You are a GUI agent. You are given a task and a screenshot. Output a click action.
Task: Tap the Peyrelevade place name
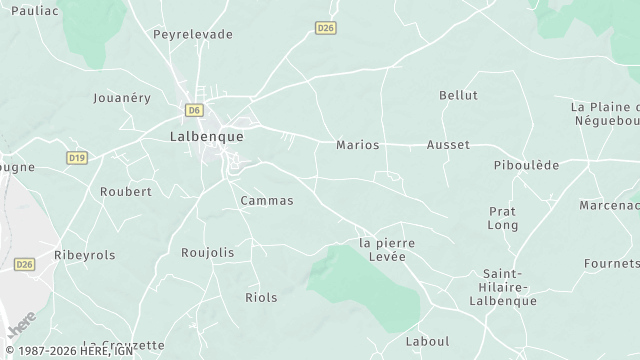pos(193,34)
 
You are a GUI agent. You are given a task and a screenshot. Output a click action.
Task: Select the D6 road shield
pos(193,109)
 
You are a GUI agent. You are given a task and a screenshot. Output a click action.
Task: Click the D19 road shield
pos(77,158)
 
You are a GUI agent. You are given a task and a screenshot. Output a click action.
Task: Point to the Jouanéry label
pos(121,98)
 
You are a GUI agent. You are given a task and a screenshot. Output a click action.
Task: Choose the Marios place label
pos(358,145)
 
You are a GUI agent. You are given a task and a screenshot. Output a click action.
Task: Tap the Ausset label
pos(448,145)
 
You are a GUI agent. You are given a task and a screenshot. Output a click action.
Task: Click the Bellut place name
pos(459,95)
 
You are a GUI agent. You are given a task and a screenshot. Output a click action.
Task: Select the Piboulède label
pos(527,165)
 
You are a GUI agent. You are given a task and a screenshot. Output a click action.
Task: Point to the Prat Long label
pos(503,218)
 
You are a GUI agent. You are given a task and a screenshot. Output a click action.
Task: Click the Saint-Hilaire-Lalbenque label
pos(510,287)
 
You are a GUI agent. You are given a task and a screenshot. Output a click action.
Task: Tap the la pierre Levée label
pos(387,249)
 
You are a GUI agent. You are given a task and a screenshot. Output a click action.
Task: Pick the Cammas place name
pos(267,201)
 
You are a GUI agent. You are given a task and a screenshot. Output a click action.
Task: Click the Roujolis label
pos(208,253)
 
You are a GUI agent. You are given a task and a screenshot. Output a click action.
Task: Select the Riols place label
pos(262,297)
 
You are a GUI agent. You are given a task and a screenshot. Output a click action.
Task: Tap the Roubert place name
pos(126,191)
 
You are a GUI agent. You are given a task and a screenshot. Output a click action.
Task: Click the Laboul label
pos(428,341)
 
